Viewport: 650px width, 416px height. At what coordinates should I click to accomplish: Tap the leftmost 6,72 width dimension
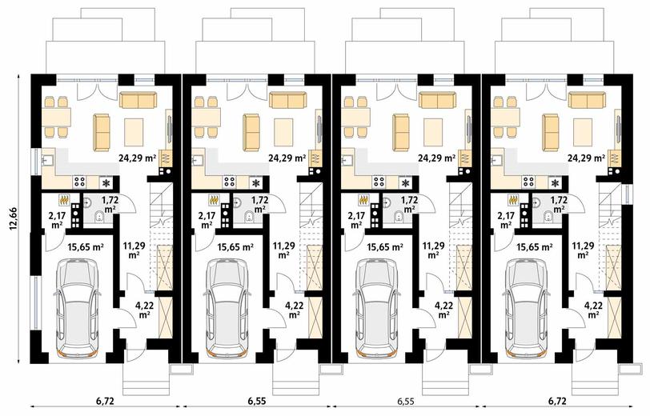(106, 401)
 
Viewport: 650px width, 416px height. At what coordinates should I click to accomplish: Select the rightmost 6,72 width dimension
(558, 401)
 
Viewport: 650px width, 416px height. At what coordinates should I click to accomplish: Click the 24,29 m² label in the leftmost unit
(137, 158)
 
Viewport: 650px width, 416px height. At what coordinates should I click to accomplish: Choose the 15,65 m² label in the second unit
(235, 248)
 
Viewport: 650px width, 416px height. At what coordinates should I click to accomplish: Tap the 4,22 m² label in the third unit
(443, 310)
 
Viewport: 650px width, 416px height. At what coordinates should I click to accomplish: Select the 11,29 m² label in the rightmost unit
(583, 250)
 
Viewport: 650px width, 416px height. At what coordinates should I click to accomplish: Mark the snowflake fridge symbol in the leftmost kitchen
(106, 182)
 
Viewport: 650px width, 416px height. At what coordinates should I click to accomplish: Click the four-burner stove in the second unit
(229, 182)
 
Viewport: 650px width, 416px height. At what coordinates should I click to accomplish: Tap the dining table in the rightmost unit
(505, 117)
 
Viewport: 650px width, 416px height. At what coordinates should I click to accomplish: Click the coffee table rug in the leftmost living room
(134, 132)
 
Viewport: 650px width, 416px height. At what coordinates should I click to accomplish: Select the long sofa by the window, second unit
(287, 100)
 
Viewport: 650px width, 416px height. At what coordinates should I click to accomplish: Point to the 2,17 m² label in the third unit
(356, 221)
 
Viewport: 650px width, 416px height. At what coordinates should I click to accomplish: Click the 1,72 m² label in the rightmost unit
(560, 205)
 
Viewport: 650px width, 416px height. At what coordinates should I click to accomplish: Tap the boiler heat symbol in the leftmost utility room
(64, 200)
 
